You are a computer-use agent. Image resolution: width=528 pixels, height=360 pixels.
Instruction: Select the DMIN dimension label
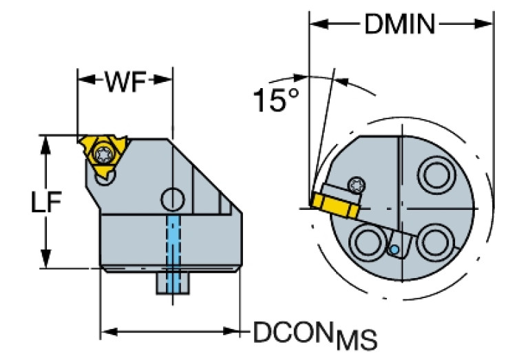coord(399,26)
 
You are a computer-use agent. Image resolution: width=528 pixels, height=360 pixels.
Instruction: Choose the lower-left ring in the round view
coord(365,243)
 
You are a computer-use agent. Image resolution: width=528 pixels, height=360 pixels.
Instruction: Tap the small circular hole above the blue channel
coord(173,200)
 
